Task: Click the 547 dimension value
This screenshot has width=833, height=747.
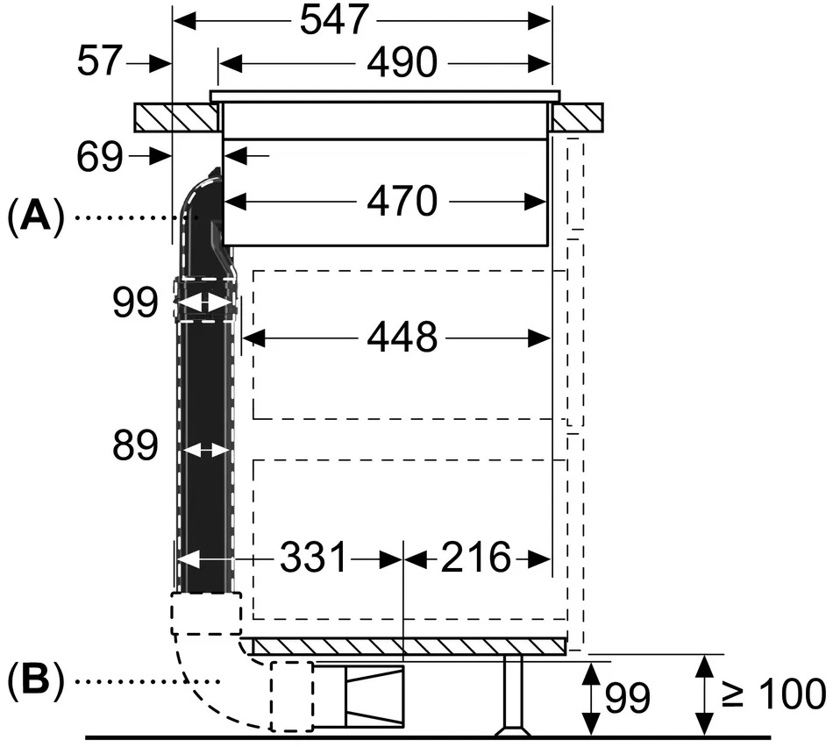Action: (334, 19)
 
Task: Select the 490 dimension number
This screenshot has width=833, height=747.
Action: (402, 62)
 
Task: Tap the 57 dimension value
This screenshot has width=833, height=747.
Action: (100, 60)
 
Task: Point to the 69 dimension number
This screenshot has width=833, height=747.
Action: (100, 157)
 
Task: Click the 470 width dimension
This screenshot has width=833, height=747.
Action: (402, 201)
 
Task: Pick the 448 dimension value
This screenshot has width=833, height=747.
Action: (402, 337)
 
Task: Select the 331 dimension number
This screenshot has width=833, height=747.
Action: (313, 558)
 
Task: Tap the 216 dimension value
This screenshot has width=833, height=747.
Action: (475, 558)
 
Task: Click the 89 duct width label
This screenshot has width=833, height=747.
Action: (135, 445)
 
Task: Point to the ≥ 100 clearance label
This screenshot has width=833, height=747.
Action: (773, 694)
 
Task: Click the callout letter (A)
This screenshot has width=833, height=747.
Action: (36, 217)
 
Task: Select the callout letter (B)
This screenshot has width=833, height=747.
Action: (36, 680)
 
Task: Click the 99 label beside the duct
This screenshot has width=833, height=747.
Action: (135, 302)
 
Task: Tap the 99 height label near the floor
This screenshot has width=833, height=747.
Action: (628, 698)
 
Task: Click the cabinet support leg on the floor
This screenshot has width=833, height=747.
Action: (513, 695)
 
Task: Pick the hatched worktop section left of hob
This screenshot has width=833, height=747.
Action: (176, 117)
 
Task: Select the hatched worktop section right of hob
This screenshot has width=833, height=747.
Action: (577, 117)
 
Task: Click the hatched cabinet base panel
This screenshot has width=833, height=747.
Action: (408, 646)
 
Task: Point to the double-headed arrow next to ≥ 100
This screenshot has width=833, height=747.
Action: (704, 695)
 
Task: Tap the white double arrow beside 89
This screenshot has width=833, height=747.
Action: (205, 451)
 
